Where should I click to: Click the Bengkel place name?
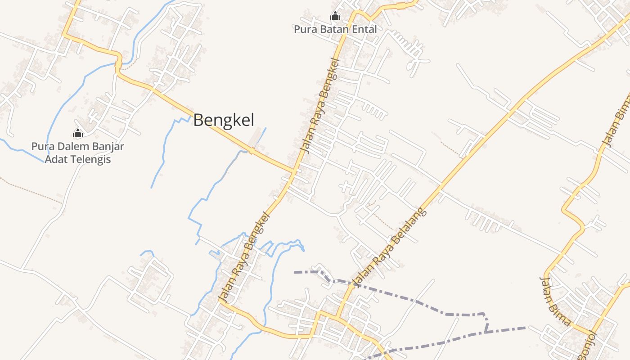tap(224, 120)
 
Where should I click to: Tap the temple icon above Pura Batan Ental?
tap(335, 17)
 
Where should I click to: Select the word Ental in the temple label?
tap(363, 29)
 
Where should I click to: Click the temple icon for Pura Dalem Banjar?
tap(78, 133)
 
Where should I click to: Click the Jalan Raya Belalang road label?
tap(390, 247)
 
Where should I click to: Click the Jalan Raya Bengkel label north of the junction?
tap(320, 105)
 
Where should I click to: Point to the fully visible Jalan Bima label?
tap(555, 301)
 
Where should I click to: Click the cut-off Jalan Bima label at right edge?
tap(617, 121)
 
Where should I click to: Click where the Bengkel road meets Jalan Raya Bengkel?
tap(295, 171)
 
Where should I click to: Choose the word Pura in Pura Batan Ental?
tap(304, 29)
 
